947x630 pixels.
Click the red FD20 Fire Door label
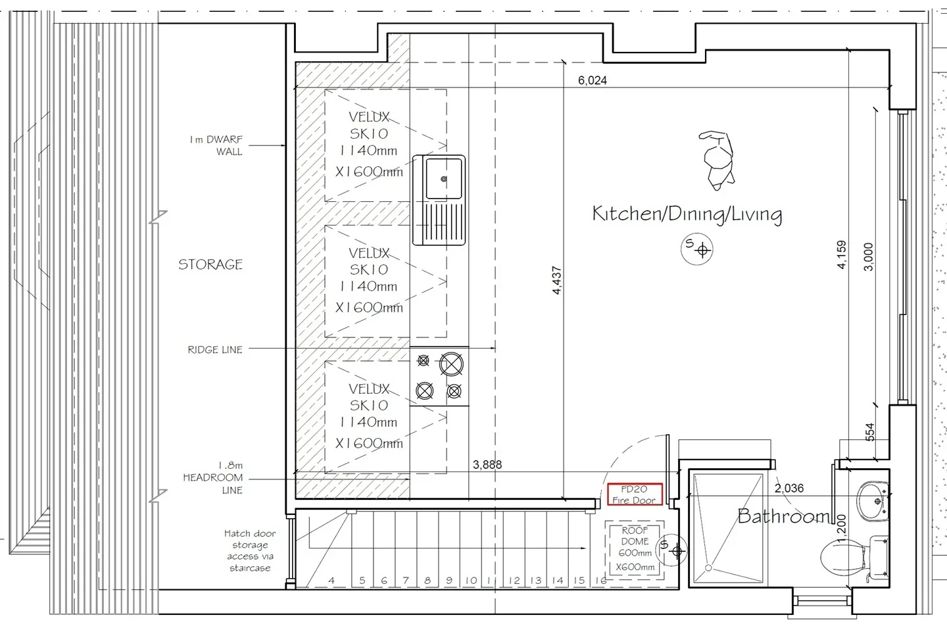point(635,495)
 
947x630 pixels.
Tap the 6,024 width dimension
point(593,80)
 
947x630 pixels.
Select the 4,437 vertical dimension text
point(557,280)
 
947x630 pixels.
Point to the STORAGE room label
point(210,264)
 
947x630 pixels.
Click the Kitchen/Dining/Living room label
point(687,214)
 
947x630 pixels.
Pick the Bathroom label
point(783,516)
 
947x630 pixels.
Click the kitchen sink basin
point(443,178)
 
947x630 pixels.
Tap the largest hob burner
point(451,364)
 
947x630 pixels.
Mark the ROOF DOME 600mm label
point(635,548)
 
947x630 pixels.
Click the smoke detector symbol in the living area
point(696,249)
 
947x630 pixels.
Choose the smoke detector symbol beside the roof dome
point(671,550)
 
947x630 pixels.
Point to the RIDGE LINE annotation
point(215,350)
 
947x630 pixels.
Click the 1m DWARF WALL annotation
point(216,145)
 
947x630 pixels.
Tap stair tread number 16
point(601,581)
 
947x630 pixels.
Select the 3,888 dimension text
point(487,465)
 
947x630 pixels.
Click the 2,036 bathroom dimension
point(789,489)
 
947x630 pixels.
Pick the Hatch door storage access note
point(250,551)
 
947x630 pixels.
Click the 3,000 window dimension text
point(868,256)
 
